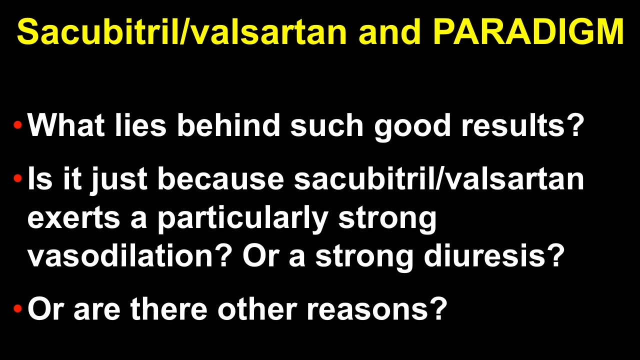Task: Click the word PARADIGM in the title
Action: coord(528,31)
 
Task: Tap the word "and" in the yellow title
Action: coord(389,31)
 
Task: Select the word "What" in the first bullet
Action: coord(66,125)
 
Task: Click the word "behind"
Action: coord(228,125)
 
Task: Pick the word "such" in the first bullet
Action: coord(327,125)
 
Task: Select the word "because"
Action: coord(221,178)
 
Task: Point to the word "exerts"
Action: coord(73,218)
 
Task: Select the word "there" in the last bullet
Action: coord(168,309)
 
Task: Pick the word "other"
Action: coord(257,309)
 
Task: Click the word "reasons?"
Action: coord(377,309)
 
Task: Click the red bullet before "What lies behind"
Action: coord(17,125)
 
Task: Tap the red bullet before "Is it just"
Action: coord(17,178)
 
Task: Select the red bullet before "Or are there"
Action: coord(17,308)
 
